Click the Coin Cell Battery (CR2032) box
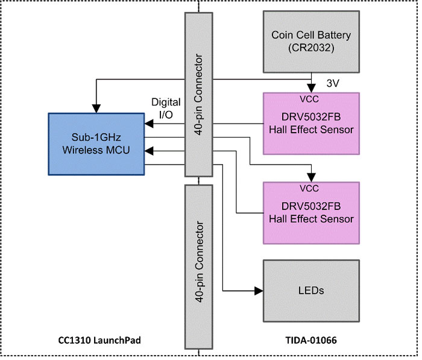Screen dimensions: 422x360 (x=311, y=42)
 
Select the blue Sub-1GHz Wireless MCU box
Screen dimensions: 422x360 (x=96, y=144)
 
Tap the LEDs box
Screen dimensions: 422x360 (x=311, y=291)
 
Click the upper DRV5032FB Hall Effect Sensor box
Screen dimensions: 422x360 (x=311, y=124)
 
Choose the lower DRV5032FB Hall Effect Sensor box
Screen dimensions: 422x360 (x=311, y=213)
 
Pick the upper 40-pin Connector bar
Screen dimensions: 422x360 (x=198, y=95)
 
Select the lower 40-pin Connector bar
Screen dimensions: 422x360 (x=198, y=267)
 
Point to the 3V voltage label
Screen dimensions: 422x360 (x=333, y=83)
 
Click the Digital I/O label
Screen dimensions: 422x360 (x=166, y=109)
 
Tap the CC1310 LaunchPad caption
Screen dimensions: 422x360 (x=99, y=340)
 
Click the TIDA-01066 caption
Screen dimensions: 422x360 (x=311, y=340)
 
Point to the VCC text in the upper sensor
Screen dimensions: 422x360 (x=309, y=99)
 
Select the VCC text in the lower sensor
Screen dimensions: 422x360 (x=309, y=189)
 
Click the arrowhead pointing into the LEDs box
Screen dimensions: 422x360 (x=259, y=291)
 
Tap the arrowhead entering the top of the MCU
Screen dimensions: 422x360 (x=96, y=109)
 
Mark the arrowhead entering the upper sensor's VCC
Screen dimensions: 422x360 (x=312, y=88)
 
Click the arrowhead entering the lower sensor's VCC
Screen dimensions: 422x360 (x=312, y=178)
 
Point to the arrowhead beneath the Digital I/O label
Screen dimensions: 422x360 (x=149, y=124)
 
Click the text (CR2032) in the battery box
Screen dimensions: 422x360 (x=311, y=48)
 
